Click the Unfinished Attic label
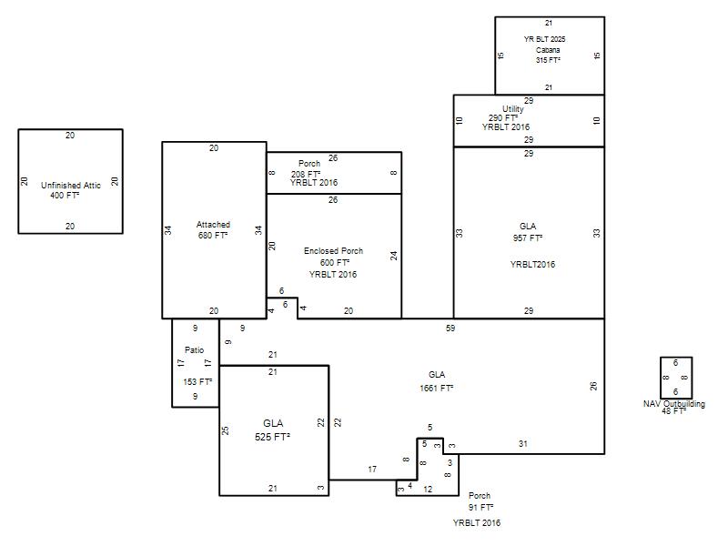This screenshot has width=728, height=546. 71,186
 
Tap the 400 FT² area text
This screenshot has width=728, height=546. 65,196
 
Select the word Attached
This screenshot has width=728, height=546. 213,224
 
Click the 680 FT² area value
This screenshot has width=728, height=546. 213,236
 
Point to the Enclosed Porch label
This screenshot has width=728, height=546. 333,251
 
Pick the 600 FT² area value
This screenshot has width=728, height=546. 335,262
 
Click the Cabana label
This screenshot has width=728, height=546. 548,50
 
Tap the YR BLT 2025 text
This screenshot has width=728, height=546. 544,39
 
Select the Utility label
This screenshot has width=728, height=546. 513,108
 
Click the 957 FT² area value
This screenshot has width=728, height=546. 528,238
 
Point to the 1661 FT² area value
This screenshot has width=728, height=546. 437,388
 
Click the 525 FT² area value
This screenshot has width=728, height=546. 272,437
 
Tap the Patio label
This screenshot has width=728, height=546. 194,350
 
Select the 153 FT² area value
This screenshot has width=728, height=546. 197,381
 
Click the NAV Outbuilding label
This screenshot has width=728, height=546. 674,403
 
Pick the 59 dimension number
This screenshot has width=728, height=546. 450,329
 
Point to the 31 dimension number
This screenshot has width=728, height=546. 522,444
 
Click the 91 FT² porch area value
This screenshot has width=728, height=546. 480,508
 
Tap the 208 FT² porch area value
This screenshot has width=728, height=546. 306,174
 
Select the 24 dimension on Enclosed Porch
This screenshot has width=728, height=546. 394,256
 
